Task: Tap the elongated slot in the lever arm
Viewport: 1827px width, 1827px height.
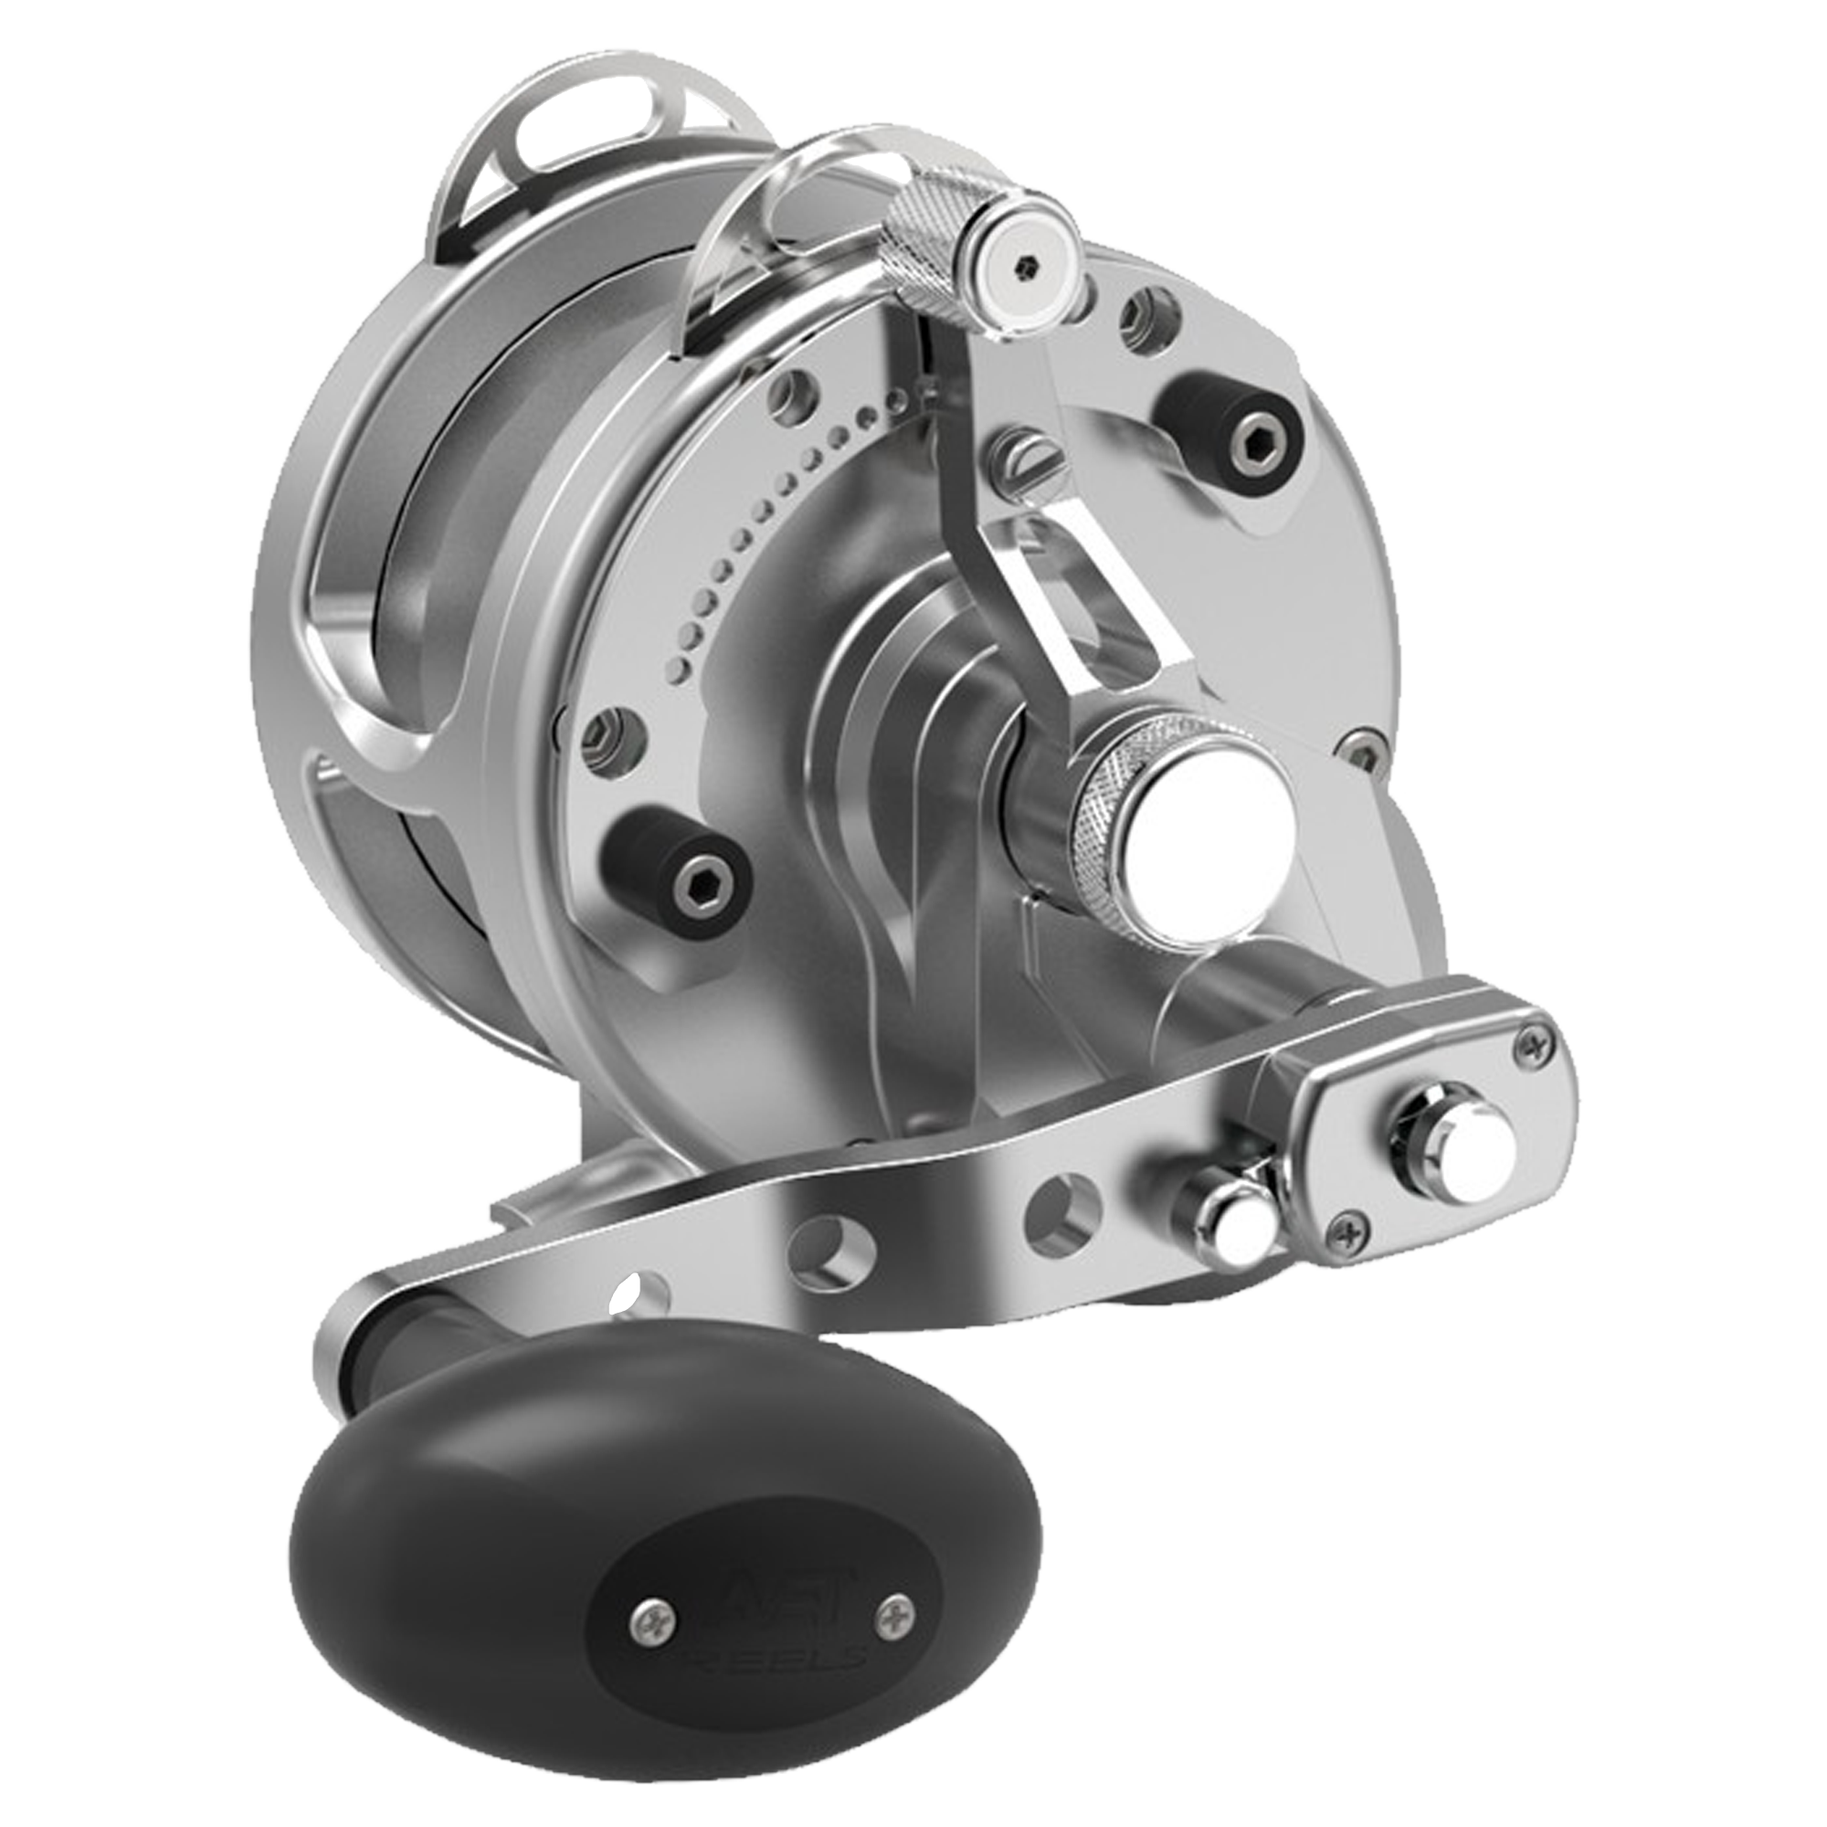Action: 1104,619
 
